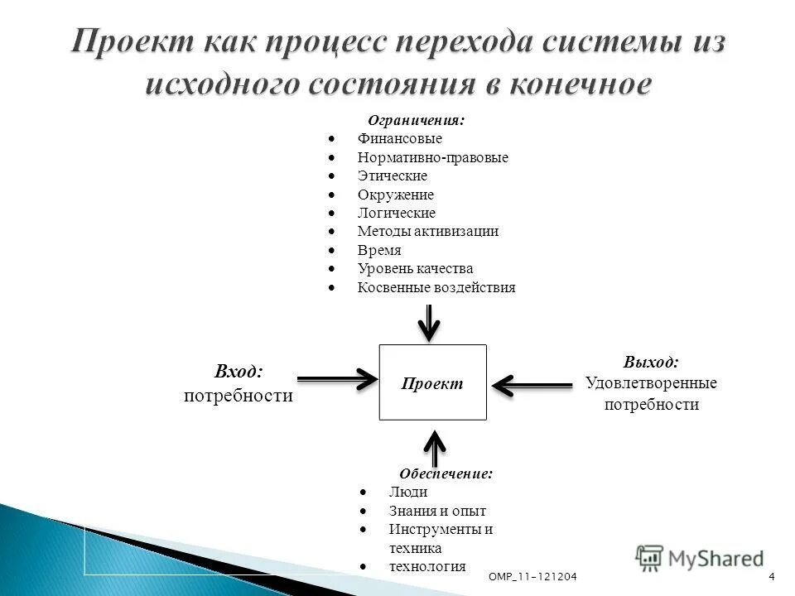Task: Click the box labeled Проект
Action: pos(432,382)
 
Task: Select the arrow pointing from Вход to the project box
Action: pos(336,380)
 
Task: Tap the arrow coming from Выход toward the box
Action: pos(531,384)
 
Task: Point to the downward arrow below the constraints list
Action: pos(428,323)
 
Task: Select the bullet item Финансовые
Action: pos(400,139)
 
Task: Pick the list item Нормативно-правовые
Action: pos(432,157)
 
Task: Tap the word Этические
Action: pos(392,175)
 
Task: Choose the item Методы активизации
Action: pos(427,231)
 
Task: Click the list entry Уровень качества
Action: pos(415,268)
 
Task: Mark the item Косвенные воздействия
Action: pos(436,287)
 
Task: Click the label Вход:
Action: pos(238,372)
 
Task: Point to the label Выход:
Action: pos(650,362)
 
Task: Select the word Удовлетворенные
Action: pos(651,383)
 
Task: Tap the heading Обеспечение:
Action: pos(446,473)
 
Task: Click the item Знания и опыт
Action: pos(436,511)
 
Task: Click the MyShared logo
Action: pos(700,559)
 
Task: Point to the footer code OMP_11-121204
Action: pos(532,576)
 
